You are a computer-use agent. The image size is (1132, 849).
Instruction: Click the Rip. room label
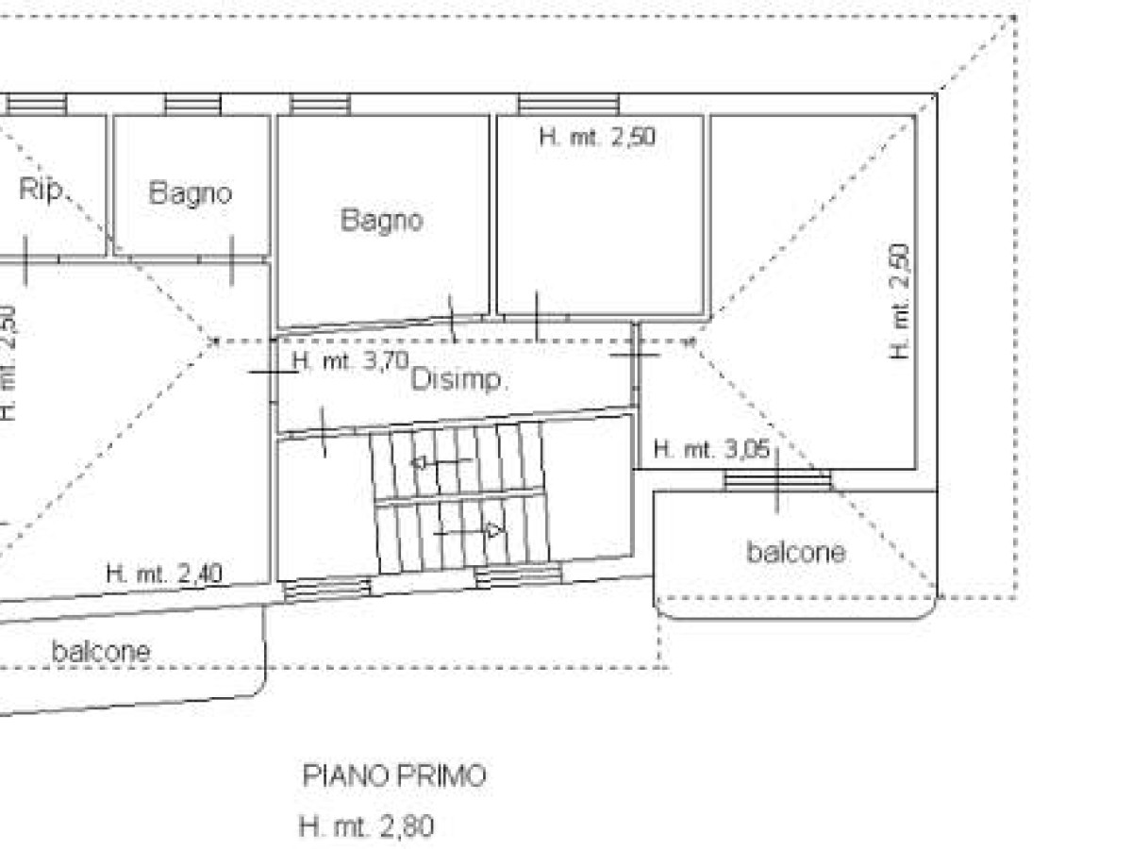(42, 190)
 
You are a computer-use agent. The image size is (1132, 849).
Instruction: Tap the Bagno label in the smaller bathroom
(191, 192)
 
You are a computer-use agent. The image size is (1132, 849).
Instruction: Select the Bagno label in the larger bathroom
(382, 220)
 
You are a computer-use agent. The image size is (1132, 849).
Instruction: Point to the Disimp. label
(458, 380)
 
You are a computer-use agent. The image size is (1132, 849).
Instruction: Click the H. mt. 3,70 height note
(351, 361)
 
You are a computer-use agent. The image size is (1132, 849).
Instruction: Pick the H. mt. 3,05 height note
(711, 450)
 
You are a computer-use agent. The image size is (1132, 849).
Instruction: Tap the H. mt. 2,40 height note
(164, 574)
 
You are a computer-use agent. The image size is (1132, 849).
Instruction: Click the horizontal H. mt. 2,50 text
(597, 137)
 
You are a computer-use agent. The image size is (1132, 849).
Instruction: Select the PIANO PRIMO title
(394, 775)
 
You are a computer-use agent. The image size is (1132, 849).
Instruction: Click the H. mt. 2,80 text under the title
(366, 827)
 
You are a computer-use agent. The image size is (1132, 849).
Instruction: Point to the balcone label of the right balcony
(796, 552)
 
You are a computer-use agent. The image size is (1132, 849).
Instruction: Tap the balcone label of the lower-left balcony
(101, 652)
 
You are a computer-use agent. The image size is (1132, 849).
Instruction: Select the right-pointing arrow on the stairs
(468, 531)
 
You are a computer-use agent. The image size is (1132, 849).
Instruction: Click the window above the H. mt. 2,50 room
(568, 104)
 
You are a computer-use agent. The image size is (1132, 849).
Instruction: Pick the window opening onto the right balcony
(777, 480)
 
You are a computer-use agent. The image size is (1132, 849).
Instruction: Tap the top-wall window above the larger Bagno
(320, 104)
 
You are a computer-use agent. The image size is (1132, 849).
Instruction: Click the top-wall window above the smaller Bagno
(192, 104)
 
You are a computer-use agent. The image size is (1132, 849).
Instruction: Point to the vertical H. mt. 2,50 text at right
(899, 302)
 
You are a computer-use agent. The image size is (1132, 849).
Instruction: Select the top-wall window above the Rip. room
(36, 104)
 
